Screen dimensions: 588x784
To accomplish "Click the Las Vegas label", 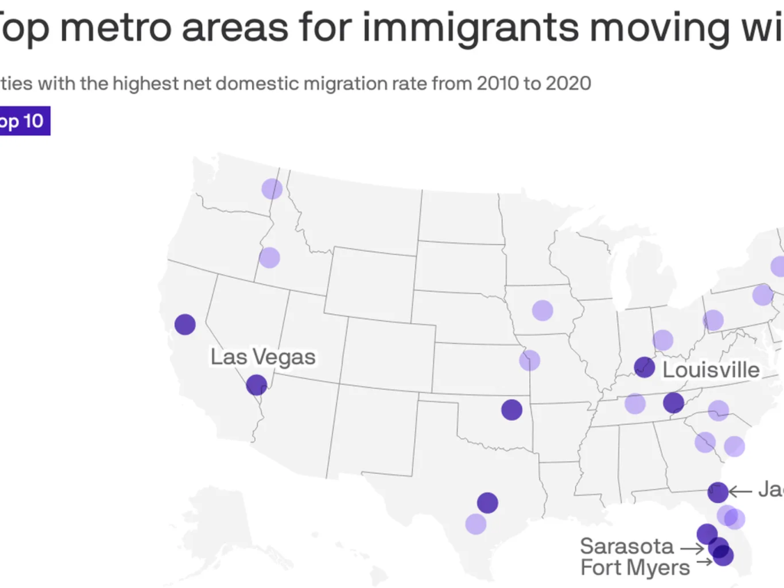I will click(x=263, y=357).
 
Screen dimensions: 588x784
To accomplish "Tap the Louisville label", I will click(x=710, y=371).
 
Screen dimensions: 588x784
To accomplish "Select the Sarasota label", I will click(x=627, y=547).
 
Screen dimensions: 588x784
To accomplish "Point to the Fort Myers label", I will click(x=635, y=567).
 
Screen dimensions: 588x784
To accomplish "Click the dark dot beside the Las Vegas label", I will click(x=256, y=384).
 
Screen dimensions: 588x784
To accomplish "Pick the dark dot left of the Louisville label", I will click(x=645, y=367).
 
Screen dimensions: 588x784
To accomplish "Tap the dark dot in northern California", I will click(x=185, y=325).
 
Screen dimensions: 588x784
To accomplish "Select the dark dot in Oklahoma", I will click(x=511, y=410).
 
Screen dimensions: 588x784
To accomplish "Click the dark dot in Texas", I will click(x=488, y=502).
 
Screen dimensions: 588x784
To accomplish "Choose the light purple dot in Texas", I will click(x=475, y=524).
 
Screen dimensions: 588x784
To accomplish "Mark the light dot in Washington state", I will click(x=272, y=188).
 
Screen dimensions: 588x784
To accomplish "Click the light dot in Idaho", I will click(x=269, y=257).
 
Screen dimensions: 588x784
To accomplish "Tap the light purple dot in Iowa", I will click(x=543, y=310).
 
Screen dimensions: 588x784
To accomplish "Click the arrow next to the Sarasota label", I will click(x=692, y=548).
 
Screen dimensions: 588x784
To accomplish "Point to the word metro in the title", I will click(x=114, y=28).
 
